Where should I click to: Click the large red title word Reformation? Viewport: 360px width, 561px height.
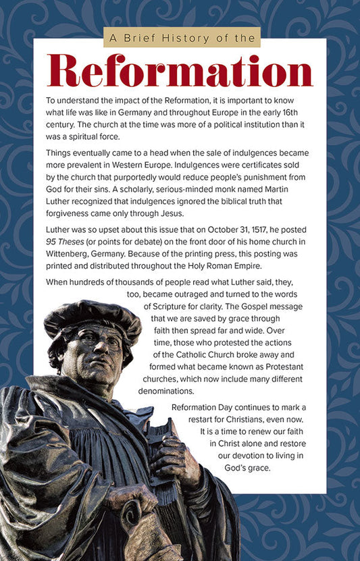tap(180, 71)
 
